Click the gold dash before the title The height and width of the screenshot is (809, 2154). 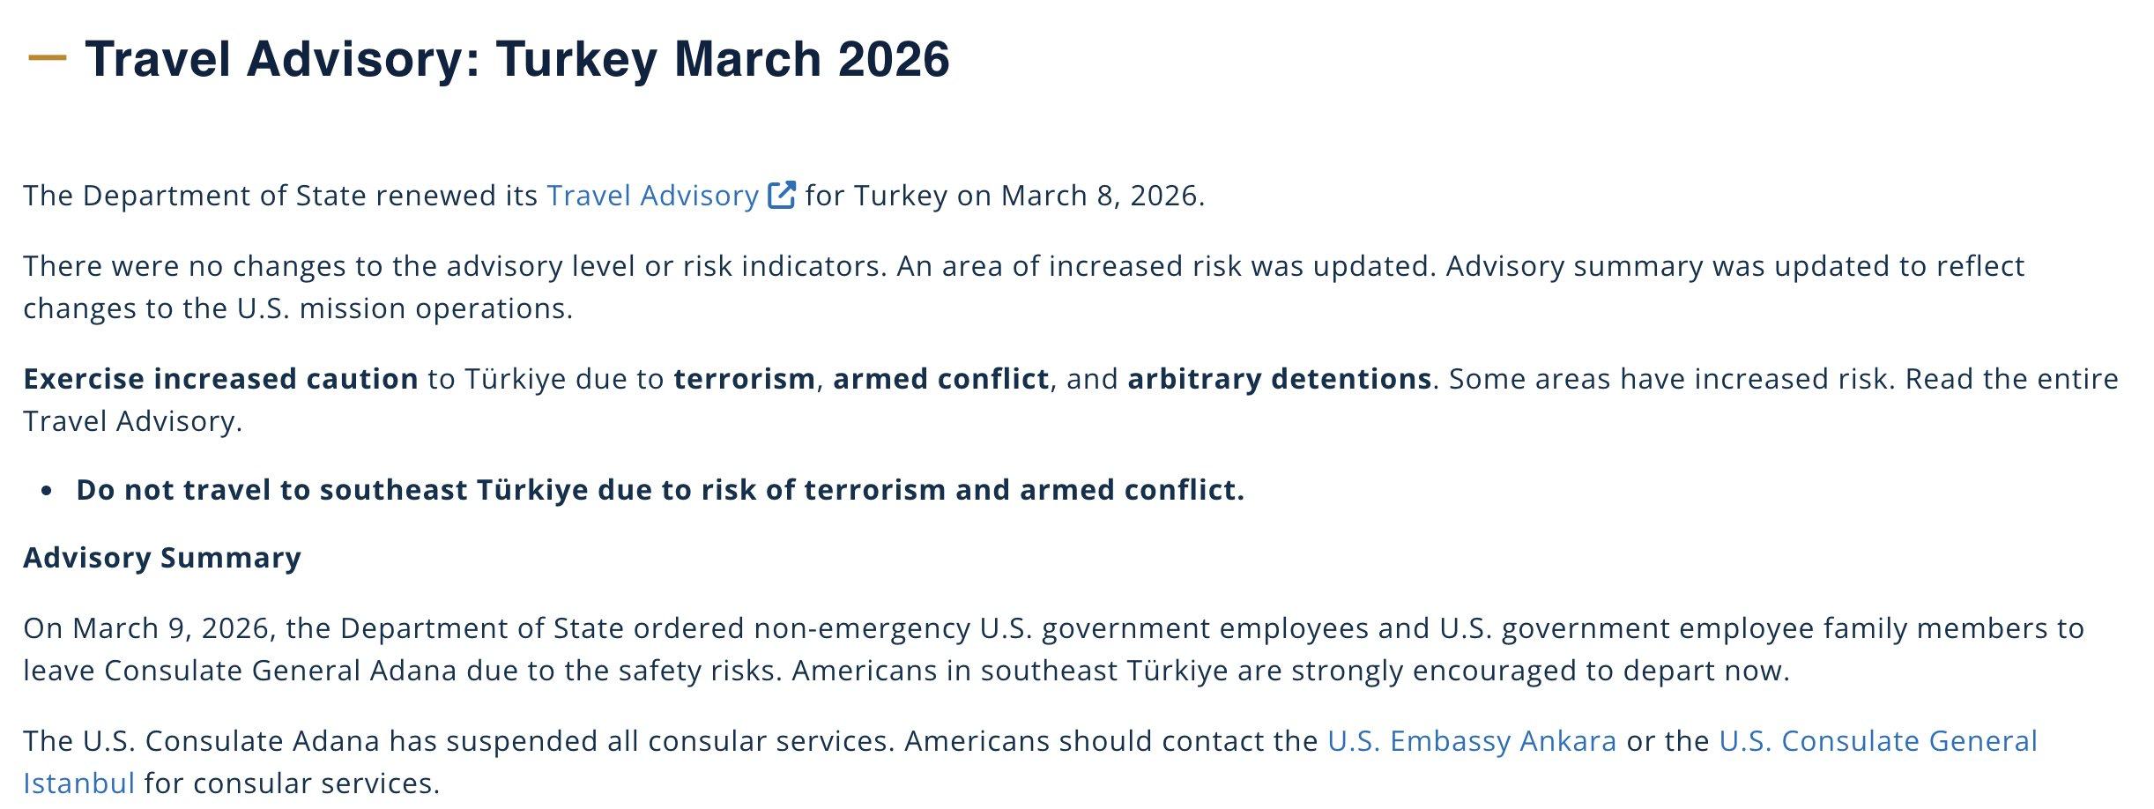[48, 58]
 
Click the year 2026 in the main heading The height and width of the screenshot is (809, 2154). [894, 59]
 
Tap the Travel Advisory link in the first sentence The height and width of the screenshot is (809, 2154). [652, 196]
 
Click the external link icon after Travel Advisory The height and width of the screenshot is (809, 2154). [782, 195]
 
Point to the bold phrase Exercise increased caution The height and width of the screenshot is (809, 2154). [221, 379]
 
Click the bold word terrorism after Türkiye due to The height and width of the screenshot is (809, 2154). [745, 379]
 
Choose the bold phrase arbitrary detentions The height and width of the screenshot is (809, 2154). [1280, 379]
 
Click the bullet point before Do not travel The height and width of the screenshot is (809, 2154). [47, 491]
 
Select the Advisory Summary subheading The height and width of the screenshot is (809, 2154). [162, 558]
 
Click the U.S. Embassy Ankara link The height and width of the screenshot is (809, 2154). [1472, 741]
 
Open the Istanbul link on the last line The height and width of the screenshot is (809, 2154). [79, 783]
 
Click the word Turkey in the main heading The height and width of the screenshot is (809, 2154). [576, 59]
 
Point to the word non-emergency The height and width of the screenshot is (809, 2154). [862, 628]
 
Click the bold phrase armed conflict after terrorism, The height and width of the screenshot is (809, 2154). [941, 379]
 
